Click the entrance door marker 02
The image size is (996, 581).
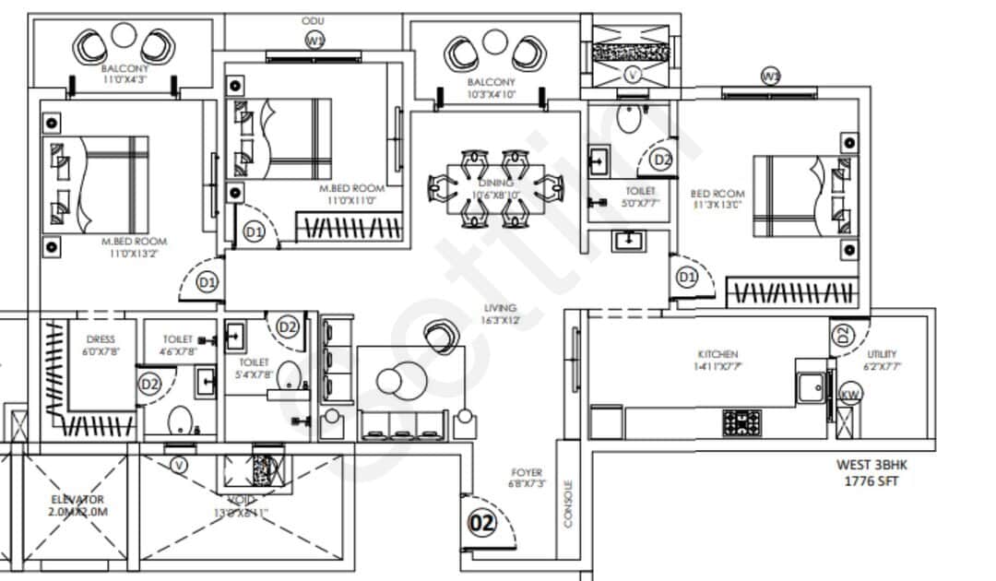point(482,523)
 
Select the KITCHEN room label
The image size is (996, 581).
point(717,354)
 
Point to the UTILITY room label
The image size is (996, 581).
point(882,354)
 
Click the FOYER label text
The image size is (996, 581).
point(527,472)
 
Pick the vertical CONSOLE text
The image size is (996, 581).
point(567,504)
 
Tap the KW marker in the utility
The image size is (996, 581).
point(850,396)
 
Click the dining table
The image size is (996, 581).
point(496,188)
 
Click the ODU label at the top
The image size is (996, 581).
point(311,19)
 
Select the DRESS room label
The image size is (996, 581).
point(100,339)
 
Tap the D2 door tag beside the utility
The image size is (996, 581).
point(842,337)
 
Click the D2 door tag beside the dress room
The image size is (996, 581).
point(149,383)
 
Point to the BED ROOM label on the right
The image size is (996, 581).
point(717,194)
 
